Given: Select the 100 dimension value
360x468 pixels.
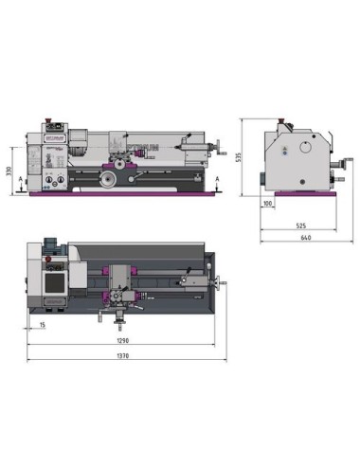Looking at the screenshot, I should (x=268, y=204).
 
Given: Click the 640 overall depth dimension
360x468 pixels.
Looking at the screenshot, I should (x=305, y=237).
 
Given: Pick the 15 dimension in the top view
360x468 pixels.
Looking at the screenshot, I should (x=43, y=325).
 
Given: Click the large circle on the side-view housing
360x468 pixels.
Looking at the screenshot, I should (x=304, y=148).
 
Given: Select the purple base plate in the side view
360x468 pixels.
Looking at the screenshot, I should (x=301, y=195).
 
